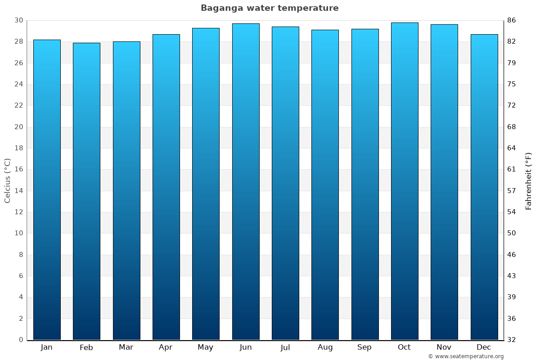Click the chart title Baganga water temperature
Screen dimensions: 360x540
270,8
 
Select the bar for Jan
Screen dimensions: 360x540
47,189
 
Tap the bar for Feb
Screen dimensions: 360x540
86,191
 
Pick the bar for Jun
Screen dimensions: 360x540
246,181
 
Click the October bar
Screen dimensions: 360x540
405,181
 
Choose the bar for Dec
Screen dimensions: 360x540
484,187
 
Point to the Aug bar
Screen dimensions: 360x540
325,184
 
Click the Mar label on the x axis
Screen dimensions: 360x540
126,347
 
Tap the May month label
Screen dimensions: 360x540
206,347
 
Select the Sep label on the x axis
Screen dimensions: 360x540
364,347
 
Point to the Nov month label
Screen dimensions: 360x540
444,347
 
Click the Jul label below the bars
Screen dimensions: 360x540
285,347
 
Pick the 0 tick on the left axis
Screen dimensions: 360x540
21,340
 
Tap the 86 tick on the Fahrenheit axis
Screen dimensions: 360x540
511,20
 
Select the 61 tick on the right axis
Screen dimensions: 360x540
511,169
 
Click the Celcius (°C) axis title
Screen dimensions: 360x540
7,180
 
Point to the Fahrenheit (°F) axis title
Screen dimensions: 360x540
529,180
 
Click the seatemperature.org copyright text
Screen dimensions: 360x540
466,356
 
